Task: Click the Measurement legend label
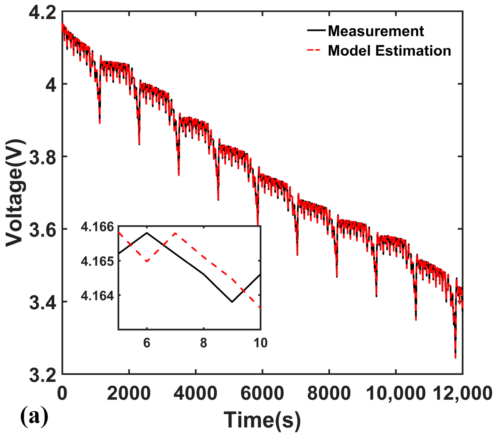[x=376, y=31]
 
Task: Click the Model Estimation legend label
[x=389, y=51]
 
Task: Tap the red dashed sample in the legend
[x=314, y=50]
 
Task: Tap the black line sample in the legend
[x=316, y=30]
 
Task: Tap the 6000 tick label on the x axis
[x=262, y=393]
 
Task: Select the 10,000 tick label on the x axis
[x=396, y=393]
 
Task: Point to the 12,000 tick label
[x=463, y=393]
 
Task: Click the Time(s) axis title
[x=262, y=420]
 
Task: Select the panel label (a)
[x=34, y=416]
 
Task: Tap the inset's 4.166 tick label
[x=97, y=227]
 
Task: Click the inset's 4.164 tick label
[x=97, y=296]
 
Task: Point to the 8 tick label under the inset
[x=204, y=343]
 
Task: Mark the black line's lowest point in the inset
[x=232, y=302]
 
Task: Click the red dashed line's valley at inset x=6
[x=147, y=261]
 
